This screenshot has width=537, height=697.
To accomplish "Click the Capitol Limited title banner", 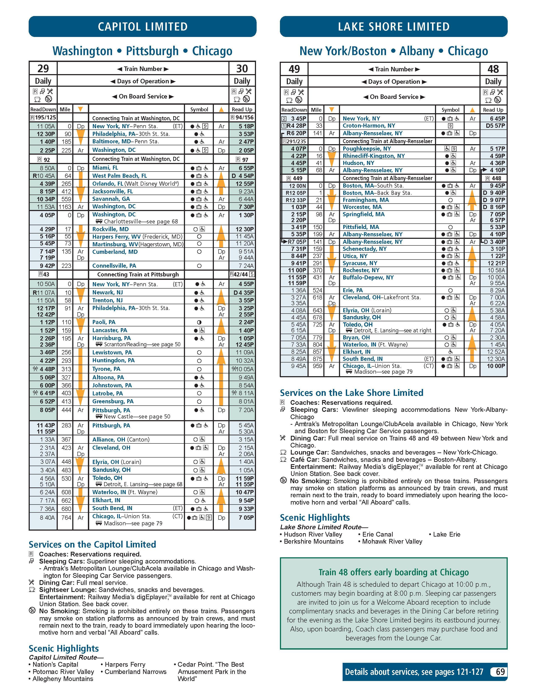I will (x=142, y=26).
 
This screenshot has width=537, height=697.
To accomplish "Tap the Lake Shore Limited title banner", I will (x=394, y=26).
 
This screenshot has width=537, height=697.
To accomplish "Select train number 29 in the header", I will (x=43, y=69).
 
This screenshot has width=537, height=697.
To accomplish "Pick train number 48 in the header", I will (x=493, y=69).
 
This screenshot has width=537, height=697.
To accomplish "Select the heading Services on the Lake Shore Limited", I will (x=351, y=393).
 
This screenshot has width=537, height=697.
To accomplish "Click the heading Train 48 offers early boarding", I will (x=394, y=572).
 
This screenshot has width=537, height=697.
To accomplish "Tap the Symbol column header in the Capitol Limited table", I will (x=199, y=109).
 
